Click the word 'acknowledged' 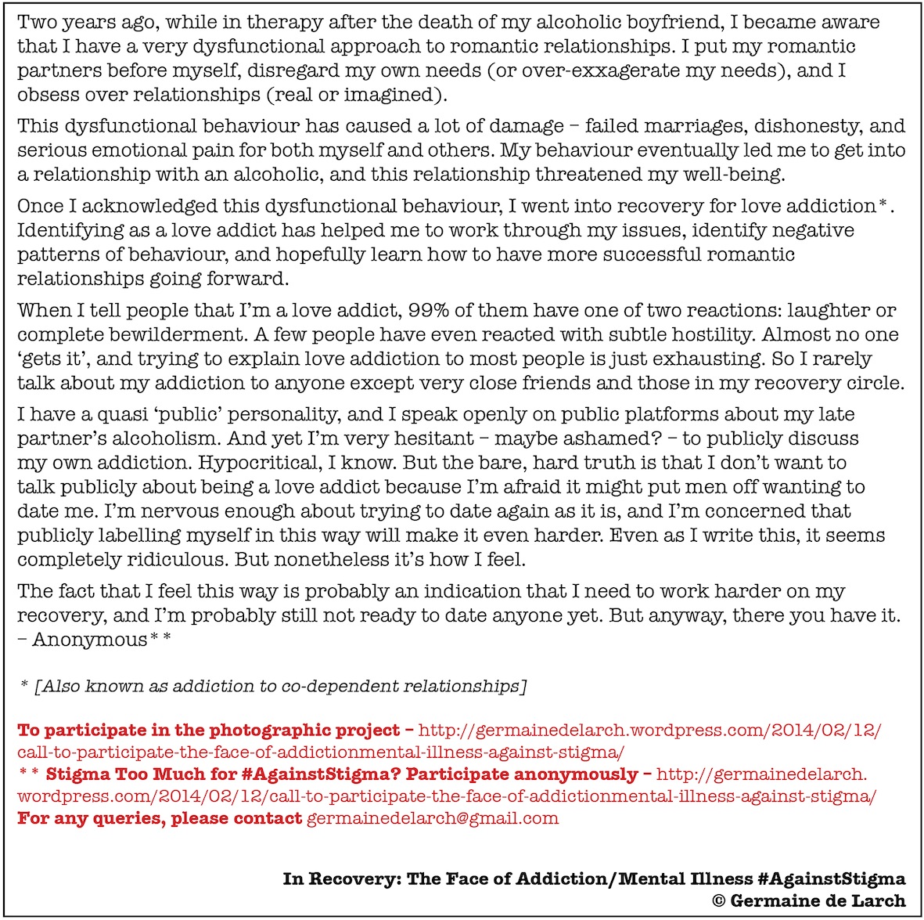[x=149, y=207]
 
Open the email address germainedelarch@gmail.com [x=433, y=819]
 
